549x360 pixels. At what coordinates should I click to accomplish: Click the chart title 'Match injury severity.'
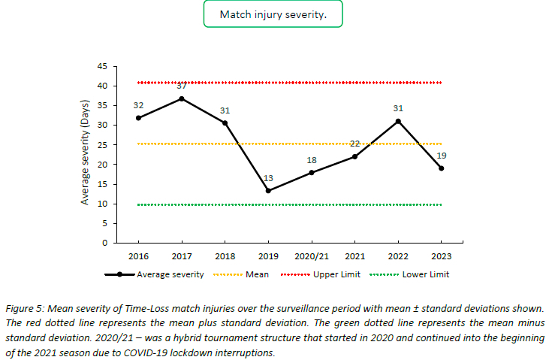pos(273,15)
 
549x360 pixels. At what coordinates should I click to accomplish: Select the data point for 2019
pos(268,191)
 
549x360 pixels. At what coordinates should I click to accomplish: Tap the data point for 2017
pos(181,98)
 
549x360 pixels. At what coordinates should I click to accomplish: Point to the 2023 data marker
pos(442,168)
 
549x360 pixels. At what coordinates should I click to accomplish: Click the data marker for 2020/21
pos(311,172)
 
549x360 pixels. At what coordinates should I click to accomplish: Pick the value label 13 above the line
pos(268,179)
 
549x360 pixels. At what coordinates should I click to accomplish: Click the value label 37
pos(181,86)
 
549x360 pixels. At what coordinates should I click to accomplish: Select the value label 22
pos(354,144)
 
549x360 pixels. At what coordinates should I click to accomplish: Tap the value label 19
pos(442,156)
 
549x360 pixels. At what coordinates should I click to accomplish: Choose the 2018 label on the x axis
pos(225,256)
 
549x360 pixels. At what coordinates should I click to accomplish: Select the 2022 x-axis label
pos(398,256)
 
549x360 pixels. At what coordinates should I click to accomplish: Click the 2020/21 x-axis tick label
pos(311,256)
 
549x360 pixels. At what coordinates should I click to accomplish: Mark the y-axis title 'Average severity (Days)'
pos(86,154)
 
